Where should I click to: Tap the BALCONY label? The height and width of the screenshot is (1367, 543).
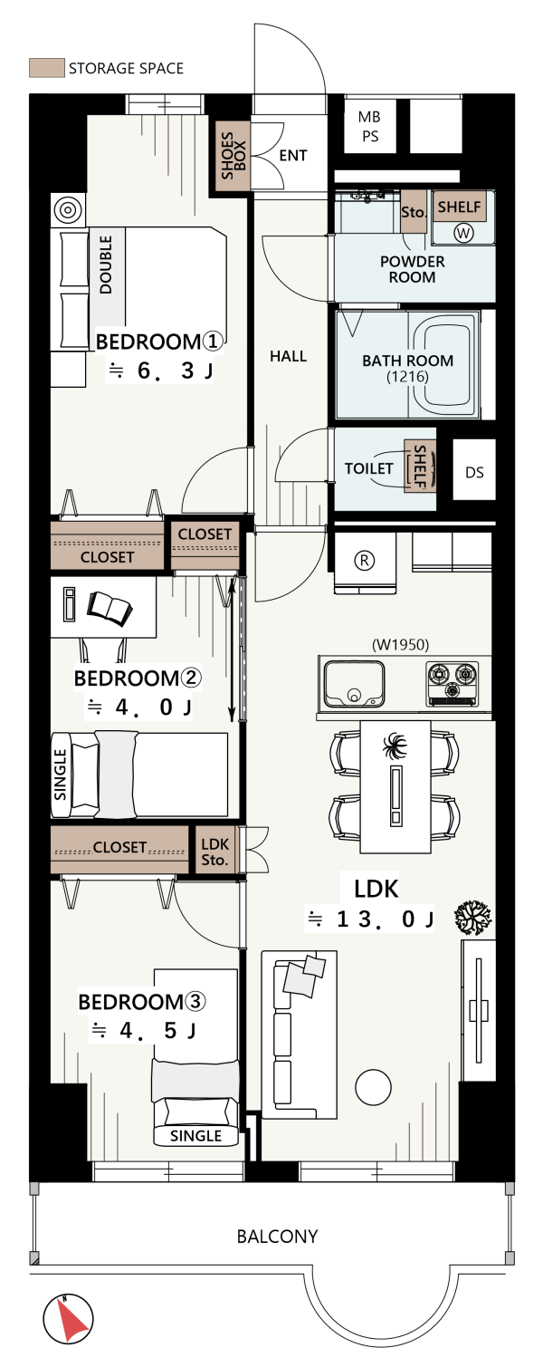(x=277, y=1237)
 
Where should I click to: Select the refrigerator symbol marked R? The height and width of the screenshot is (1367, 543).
(x=365, y=560)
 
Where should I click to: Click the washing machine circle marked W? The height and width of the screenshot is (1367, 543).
(x=463, y=233)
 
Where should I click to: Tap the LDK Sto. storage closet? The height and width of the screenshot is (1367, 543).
(x=214, y=851)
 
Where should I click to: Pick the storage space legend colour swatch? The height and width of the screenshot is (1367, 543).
(x=47, y=68)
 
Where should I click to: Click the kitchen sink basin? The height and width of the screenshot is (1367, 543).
(x=354, y=683)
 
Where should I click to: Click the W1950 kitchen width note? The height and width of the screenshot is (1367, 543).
(x=400, y=644)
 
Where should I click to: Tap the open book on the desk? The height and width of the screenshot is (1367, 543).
(x=110, y=608)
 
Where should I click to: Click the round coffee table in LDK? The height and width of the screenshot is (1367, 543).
(x=373, y=1087)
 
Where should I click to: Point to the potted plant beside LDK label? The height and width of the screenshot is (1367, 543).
(x=473, y=918)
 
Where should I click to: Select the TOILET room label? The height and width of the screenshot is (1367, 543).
(x=368, y=468)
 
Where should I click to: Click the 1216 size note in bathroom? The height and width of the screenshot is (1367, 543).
(x=407, y=377)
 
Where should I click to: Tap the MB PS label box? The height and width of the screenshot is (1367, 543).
(x=370, y=126)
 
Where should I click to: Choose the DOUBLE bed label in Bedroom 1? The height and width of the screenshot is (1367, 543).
(x=106, y=265)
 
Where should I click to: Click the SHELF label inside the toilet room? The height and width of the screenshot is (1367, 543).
(x=420, y=466)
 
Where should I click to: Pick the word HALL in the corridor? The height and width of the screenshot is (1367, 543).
(x=289, y=356)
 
